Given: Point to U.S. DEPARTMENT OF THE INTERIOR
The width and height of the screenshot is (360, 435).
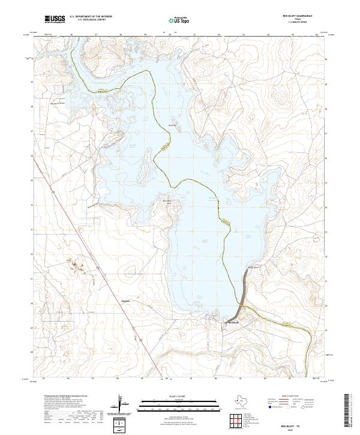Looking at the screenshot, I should [x=91, y=17].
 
